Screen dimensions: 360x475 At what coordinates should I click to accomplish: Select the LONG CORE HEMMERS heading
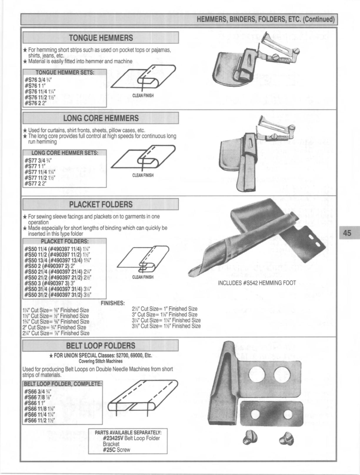(101, 118)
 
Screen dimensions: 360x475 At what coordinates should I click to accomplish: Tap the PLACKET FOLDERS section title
(101, 204)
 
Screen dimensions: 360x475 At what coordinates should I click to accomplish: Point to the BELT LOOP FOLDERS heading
(101, 346)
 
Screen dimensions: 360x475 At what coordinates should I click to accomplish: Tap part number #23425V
(113, 439)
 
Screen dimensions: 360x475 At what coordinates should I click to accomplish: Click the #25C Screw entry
(116, 450)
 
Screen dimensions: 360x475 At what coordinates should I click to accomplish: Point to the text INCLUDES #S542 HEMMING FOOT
(257, 283)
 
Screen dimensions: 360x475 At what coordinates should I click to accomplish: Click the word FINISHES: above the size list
(113, 303)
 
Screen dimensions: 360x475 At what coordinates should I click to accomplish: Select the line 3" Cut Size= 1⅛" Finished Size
(164, 315)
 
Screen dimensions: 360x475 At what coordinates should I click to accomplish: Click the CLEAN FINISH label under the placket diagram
(143, 277)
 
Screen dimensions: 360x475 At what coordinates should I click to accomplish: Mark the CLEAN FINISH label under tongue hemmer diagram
(143, 95)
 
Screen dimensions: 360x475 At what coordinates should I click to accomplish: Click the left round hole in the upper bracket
(256, 374)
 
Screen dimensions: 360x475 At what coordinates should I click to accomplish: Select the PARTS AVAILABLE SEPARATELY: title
(128, 433)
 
